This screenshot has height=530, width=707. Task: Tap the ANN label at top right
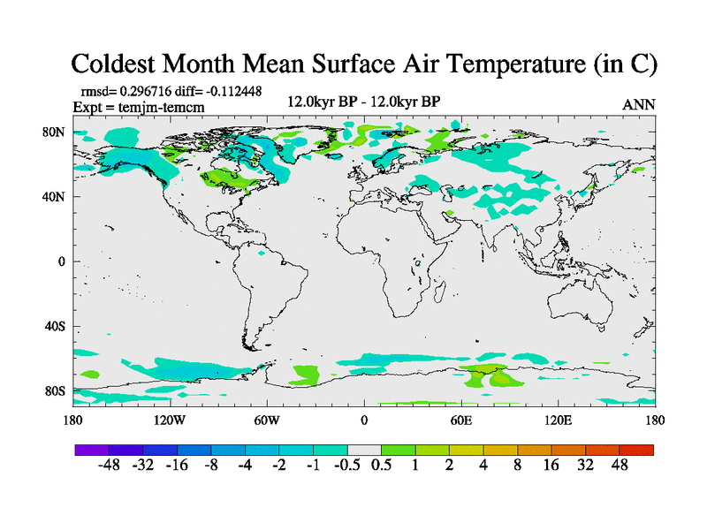(x=639, y=104)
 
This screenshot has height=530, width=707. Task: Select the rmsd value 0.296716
(x=150, y=92)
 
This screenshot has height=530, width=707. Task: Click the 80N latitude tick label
(x=55, y=132)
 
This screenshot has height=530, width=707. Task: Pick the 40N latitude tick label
(x=55, y=197)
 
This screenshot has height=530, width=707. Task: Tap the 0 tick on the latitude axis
(x=62, y=261)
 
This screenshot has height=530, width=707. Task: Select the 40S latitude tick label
(x=56, y=326)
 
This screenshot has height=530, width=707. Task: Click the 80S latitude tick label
(x=56, y=390)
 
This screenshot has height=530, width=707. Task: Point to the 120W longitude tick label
(x=169, y=420)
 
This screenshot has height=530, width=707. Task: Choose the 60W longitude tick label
(x=267, y=420)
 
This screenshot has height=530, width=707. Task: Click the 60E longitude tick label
(x=460, y=420)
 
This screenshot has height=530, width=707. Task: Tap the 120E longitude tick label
(x=558, y=420)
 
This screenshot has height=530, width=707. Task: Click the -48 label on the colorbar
(x=110, y=466)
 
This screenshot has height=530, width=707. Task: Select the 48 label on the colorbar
(x=618, y=466)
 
